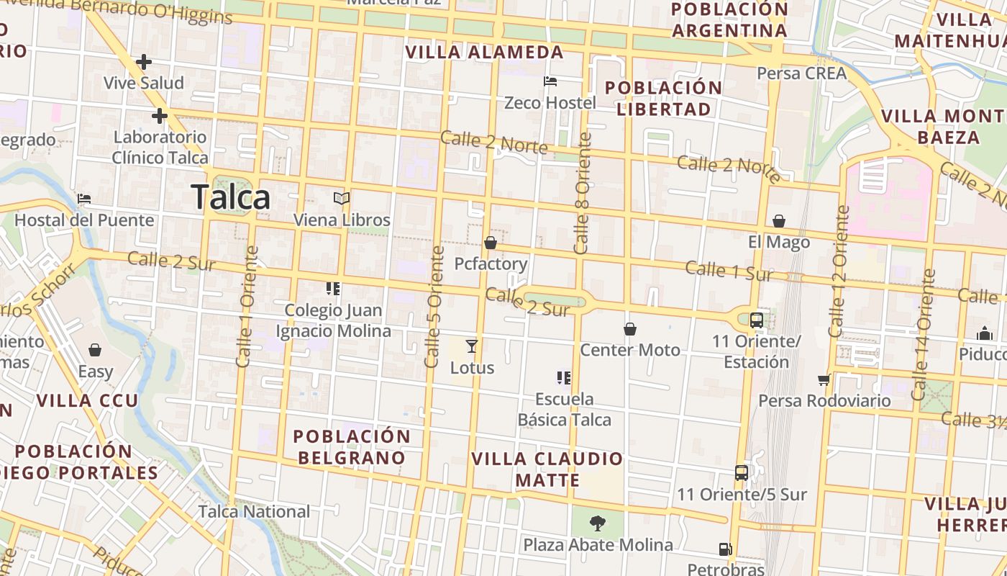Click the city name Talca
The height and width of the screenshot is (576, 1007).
[x=231, y=197]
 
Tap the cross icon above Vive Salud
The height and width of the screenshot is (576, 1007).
[x=144, y=62]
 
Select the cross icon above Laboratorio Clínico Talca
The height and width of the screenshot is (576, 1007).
[x=160, y=115]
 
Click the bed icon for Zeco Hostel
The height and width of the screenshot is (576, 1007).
[x=550, y=81]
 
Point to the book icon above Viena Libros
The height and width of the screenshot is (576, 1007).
[x=342, y=198]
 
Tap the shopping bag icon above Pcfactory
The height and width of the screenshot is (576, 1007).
[x=491, y=243]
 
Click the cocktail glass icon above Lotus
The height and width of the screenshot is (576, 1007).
[x=472, y=346]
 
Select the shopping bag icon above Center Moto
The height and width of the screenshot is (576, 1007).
[x=630, y=329]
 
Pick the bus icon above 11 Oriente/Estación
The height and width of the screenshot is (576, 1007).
[x=757, y=320]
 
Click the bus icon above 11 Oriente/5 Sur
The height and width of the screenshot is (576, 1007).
[x=742, y=473]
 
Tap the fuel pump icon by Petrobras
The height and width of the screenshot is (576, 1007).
[x=725, y=549]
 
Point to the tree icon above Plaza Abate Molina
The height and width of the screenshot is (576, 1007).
[x=597, y=523]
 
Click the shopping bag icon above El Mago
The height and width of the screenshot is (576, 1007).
[x=778, y=221]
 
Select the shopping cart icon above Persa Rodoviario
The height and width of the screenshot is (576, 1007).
[x=824, y=379]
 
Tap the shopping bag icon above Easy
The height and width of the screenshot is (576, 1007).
[x=95, y=351]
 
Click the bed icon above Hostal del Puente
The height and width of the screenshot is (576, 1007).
[x=84, y=199]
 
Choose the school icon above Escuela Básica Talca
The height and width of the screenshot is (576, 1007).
[x=564, y=377]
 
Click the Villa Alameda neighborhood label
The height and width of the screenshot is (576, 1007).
[x=484, y=52]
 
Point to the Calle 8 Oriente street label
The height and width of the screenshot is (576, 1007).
[x=583, y=193]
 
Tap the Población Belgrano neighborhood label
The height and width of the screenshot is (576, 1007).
[x=352, y=446]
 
